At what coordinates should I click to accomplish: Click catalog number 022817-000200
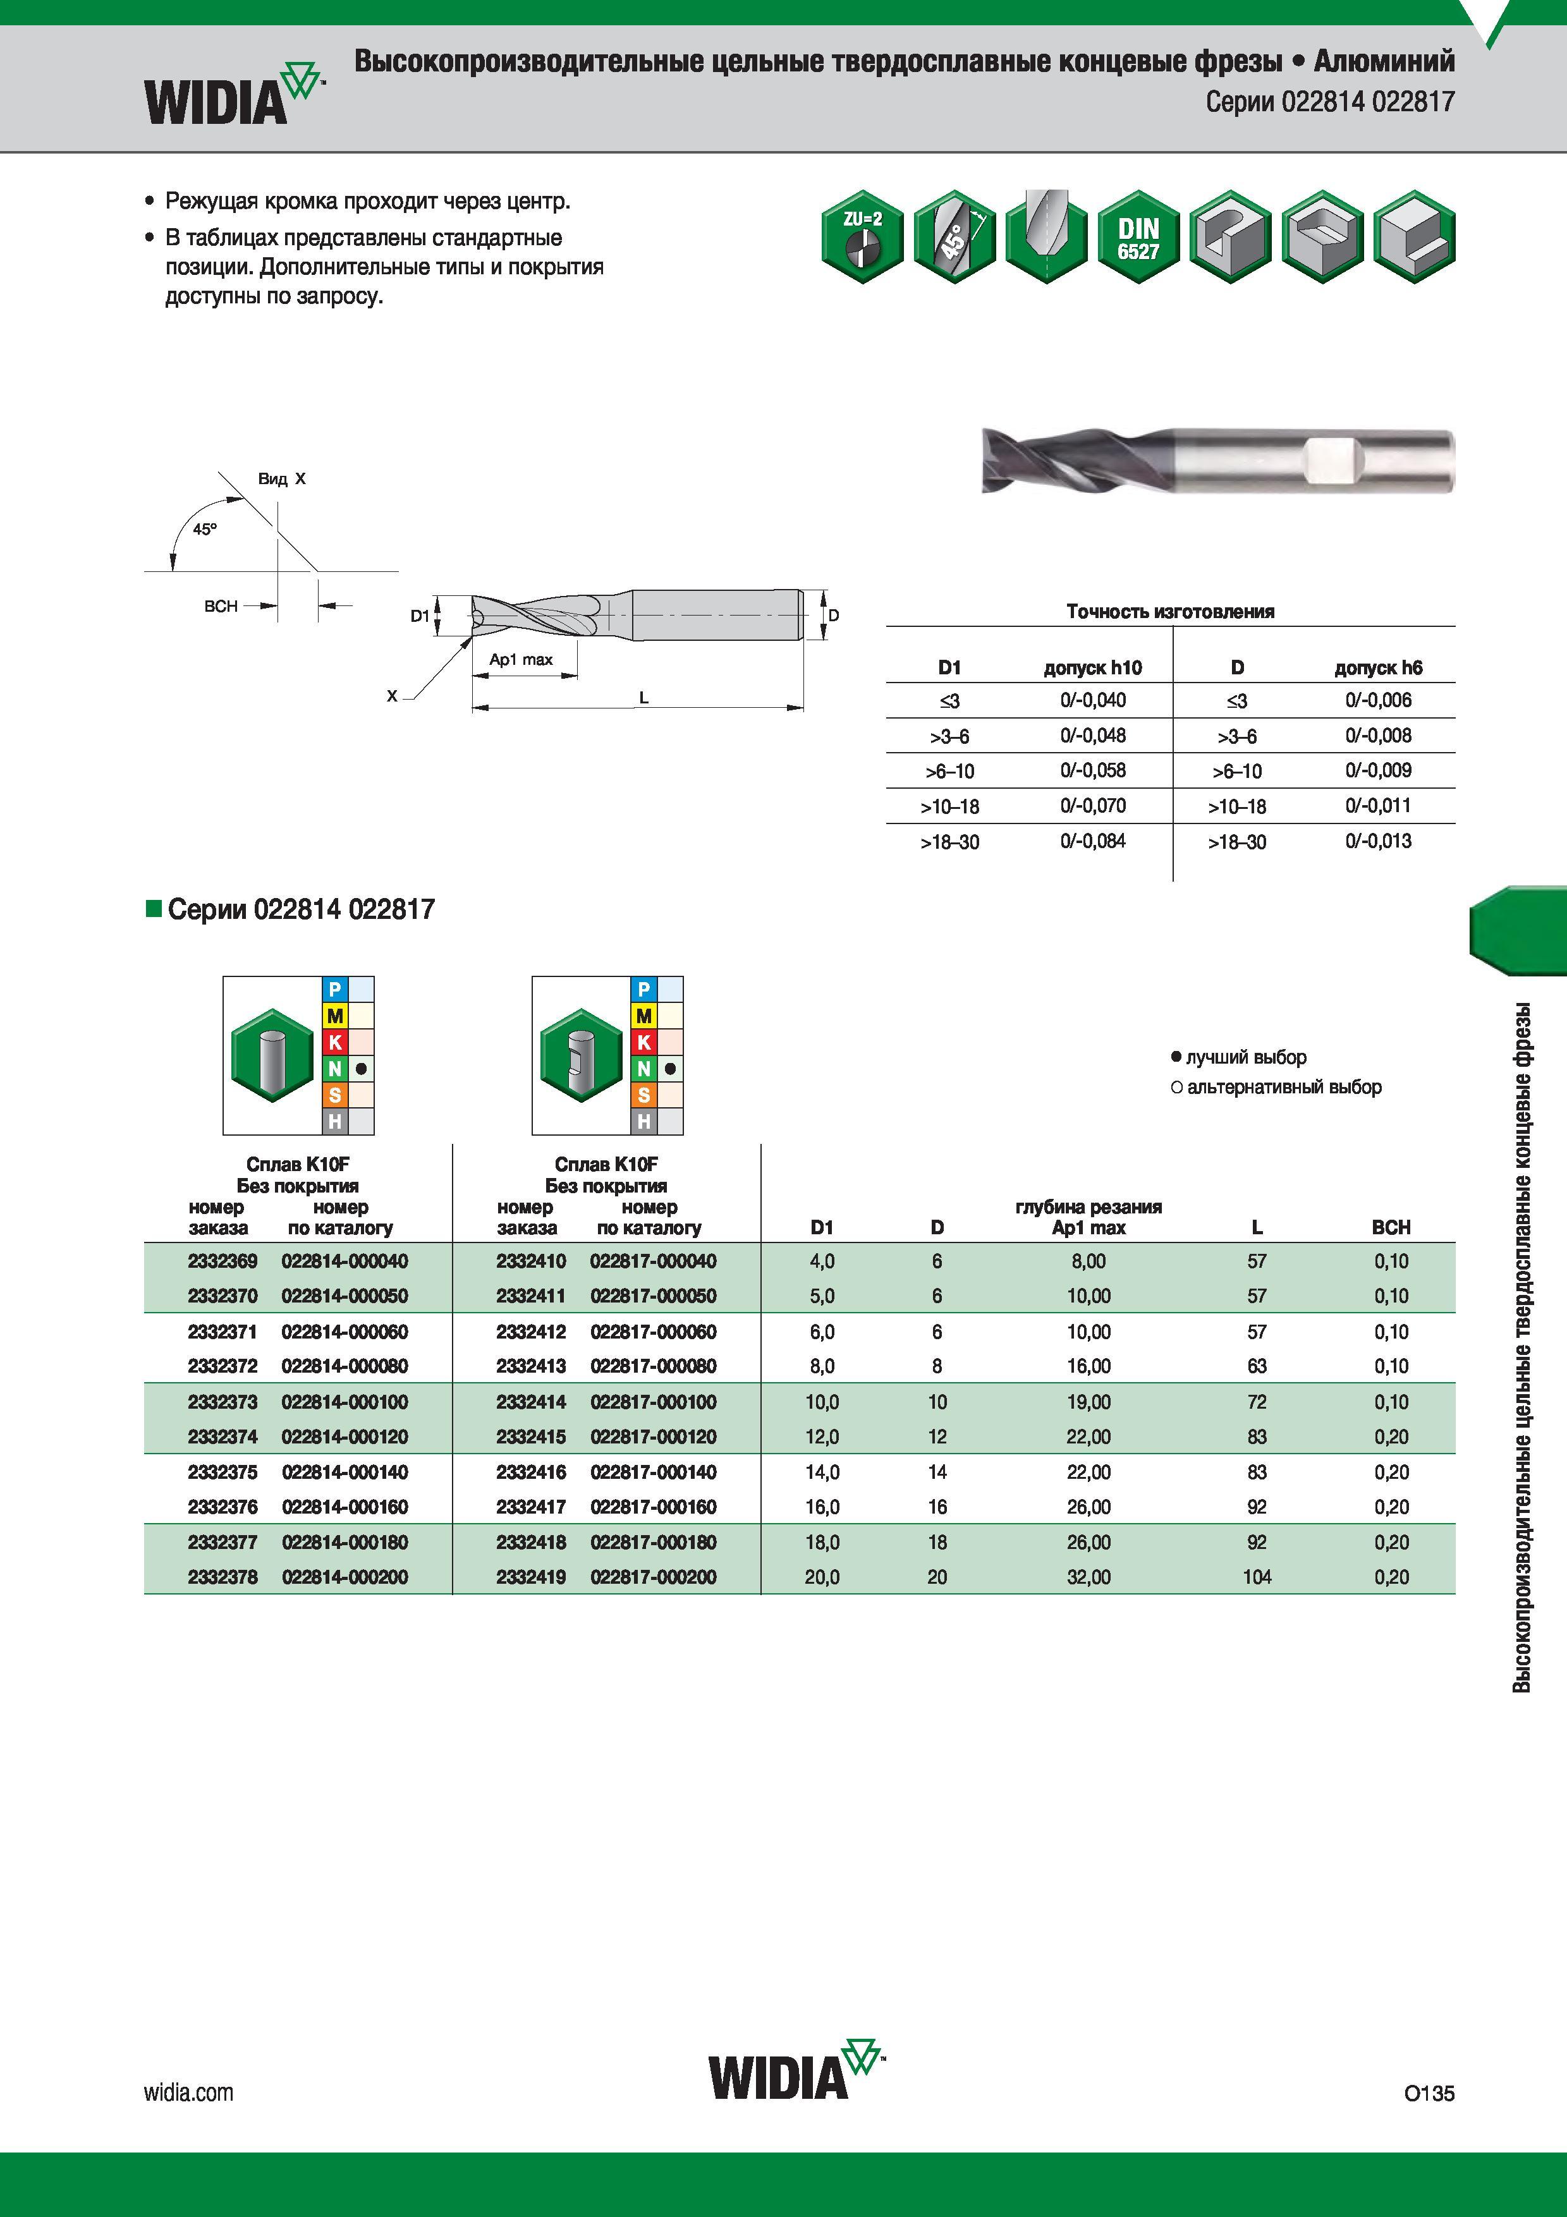click(654, 1577)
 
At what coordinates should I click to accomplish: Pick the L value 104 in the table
click(1257, 1577)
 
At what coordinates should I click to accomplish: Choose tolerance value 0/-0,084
click(1093, 841)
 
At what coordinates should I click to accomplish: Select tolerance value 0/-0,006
click(1379, 700)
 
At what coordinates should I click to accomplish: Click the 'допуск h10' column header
click(1093, 667)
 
